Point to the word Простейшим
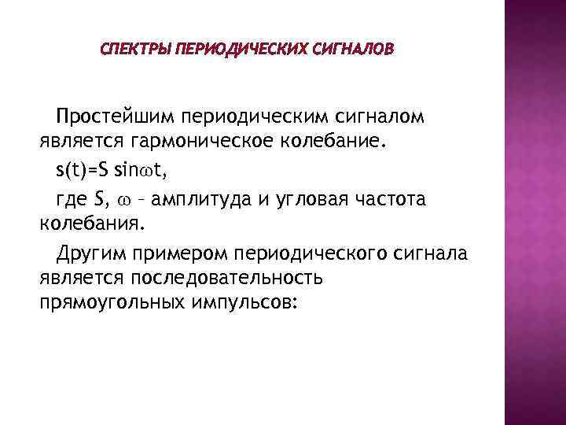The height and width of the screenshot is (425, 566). point(116,118)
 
